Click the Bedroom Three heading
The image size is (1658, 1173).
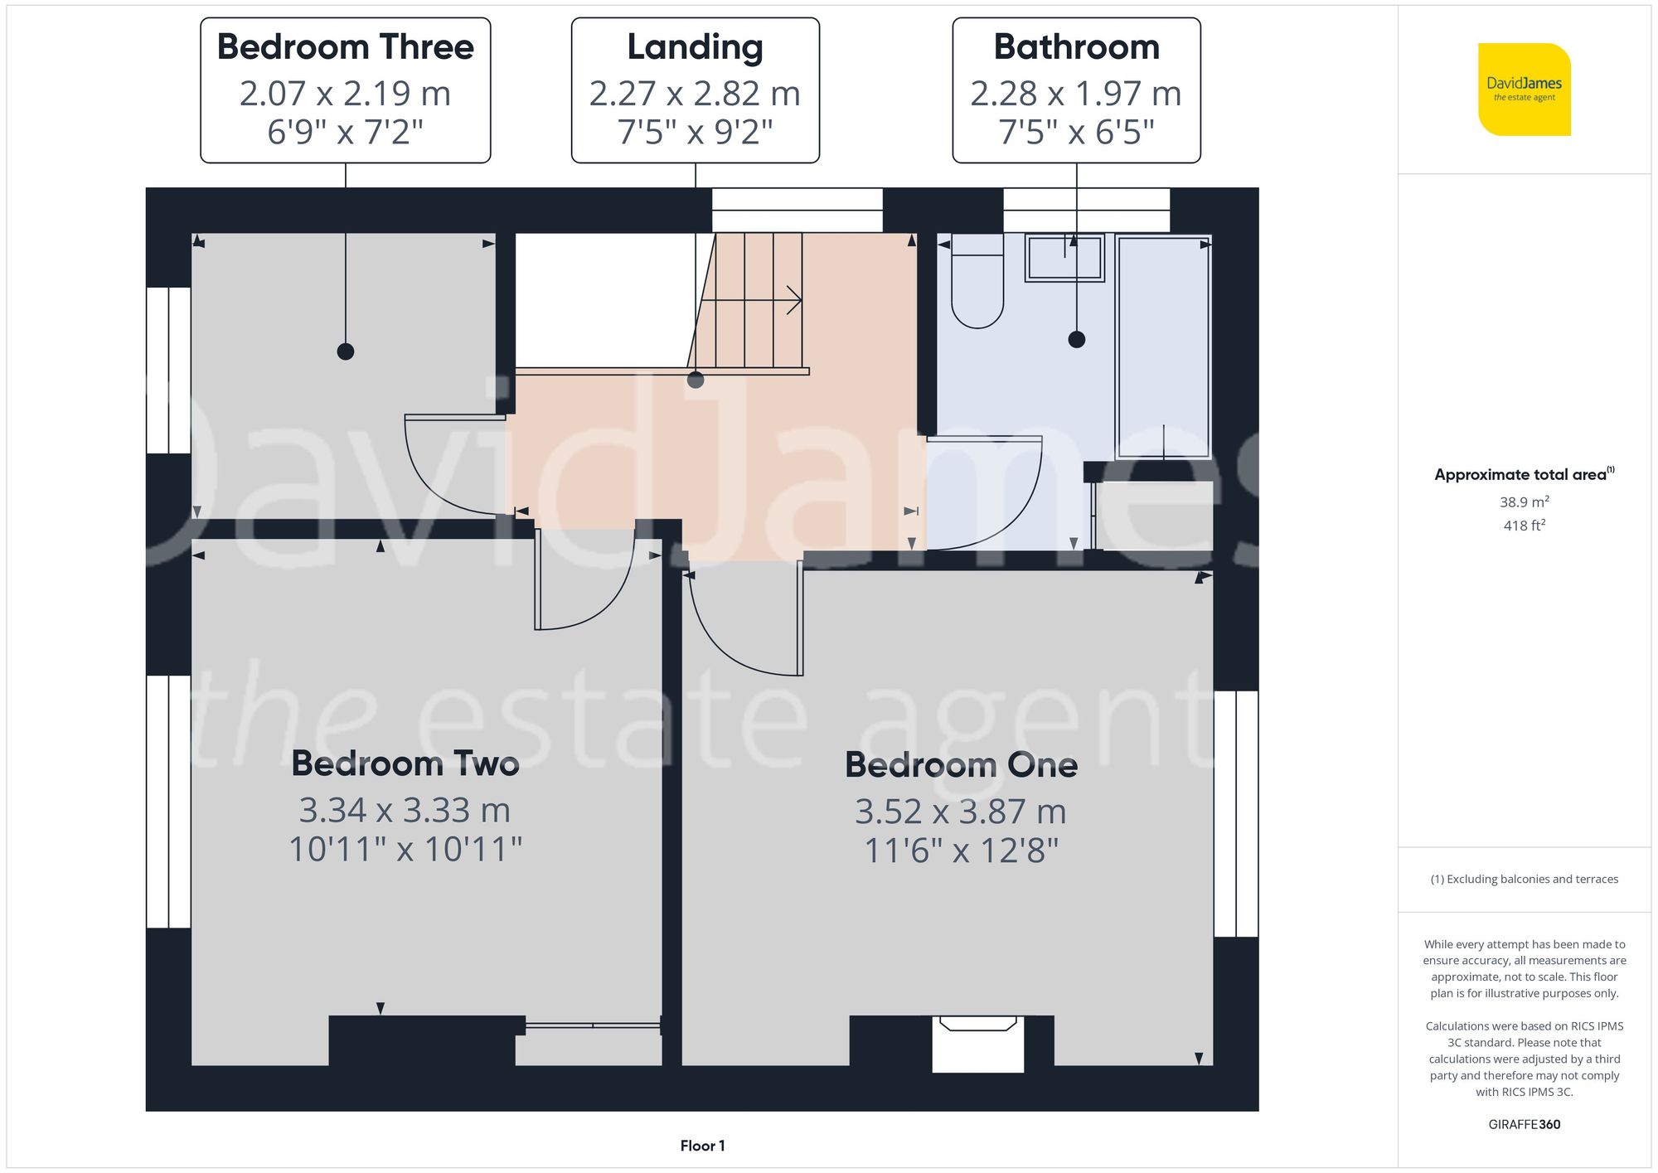tap(345, 47)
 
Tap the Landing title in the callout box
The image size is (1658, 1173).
tap(695, 47)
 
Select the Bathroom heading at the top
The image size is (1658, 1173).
tap(1076, 47)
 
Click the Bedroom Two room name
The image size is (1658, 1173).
tap(405, 763)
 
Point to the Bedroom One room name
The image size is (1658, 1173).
tap(961, 764)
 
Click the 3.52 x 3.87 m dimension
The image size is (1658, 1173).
tap(960, 812)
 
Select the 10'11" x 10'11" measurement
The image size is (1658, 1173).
tap(405, 849)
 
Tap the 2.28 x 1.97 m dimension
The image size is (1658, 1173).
tap(1075, 94)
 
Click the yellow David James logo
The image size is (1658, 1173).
tap(1524, 90)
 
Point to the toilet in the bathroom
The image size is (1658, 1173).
tap(977, 282)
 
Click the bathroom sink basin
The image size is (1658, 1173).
tap(1064, 258)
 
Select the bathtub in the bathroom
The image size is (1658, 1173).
tap(1163, 347)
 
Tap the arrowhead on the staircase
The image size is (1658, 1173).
tap(794, 300)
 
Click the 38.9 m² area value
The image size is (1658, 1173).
tap(1524, 502)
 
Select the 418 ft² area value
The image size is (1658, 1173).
tap(1524, 526)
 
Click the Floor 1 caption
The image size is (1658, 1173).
tap(702, 1146)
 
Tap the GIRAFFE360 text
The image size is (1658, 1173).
tap(1524, 1125)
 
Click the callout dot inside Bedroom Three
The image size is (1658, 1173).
tap(346, 351)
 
